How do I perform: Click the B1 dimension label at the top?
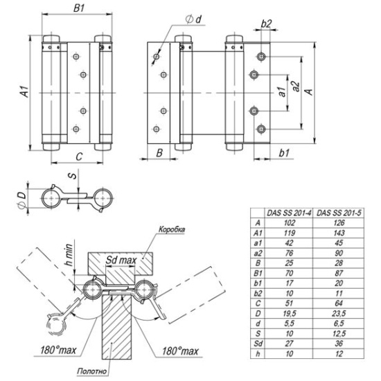click(79, 8)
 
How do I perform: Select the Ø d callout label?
click(194, 19)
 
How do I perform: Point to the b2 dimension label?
click(266, 24)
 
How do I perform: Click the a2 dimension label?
click(296, 87)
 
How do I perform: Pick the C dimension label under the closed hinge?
click(79, 157)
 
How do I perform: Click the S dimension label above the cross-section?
click(73, 175)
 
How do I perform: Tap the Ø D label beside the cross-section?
click(22, 200)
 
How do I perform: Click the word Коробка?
click(172, 229)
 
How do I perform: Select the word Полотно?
click(91, 371)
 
